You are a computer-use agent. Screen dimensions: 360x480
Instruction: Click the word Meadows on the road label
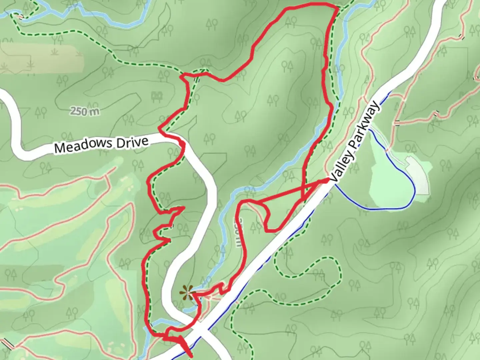[x=83, y=146]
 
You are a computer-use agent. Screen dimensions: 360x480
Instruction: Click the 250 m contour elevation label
[x=85, y=111]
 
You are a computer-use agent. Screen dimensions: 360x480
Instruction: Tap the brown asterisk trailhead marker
[x=187, y=292]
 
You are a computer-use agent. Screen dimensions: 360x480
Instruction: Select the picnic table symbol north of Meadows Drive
[x=157, y=97]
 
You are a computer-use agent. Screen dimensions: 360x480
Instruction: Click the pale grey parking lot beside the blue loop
[x=418, y=175]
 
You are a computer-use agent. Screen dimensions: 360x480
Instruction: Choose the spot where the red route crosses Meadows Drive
[x=182, y=143]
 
